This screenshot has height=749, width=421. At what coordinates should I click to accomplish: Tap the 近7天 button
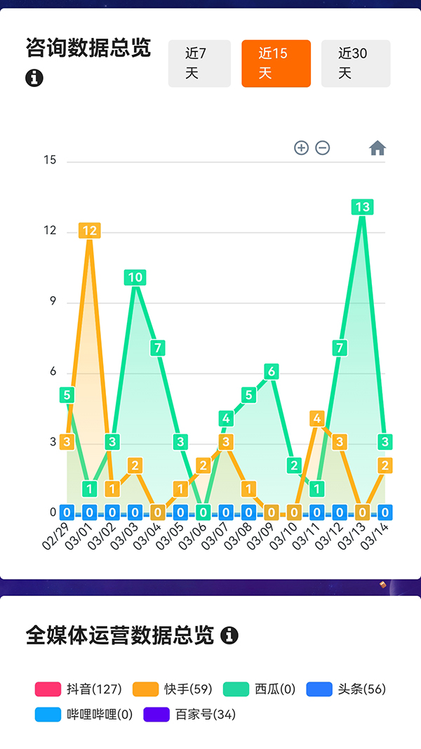click(199, 63)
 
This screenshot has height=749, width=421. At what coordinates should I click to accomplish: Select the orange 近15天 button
click(276, 63)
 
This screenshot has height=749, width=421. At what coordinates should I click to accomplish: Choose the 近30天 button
click(356, 63)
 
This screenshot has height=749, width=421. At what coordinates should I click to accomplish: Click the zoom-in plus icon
click(301, 148)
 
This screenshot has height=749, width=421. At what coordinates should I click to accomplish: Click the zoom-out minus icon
click(323, 148)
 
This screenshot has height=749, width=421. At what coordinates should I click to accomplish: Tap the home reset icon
click(377, 148)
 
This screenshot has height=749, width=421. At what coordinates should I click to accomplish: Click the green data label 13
click(362, 207)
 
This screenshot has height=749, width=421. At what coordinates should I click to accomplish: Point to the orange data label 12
click(90, 230)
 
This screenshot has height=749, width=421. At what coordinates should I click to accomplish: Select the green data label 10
click(135, 277)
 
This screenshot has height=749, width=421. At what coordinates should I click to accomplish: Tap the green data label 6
click(272, 371)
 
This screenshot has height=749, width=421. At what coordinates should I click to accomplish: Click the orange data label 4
click(317, 418)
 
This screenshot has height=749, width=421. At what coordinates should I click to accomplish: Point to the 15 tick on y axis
click(50, 160)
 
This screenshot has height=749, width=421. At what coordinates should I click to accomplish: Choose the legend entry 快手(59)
click(172, 689)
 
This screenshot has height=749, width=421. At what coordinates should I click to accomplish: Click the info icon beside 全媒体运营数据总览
click(229, 636)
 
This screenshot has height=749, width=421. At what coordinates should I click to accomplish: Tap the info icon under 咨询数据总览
click(34, 78)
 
